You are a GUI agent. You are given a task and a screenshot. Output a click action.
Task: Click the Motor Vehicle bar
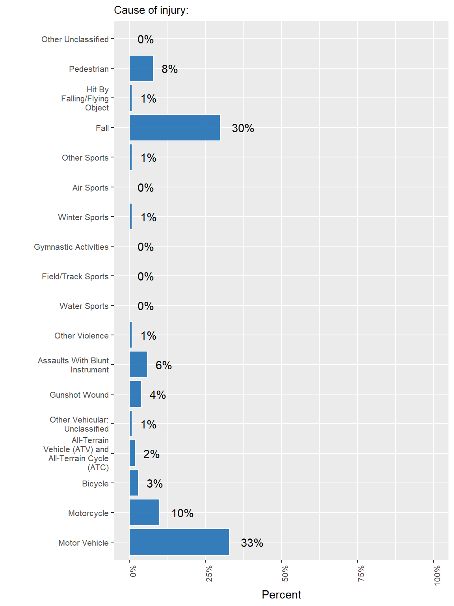[x=179, y=542]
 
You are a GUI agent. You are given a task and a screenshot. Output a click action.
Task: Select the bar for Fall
[x=175, y=128]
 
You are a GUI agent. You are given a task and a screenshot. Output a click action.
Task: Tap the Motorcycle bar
[x=144, y=512]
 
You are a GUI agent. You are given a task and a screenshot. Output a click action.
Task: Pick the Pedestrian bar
[x=141, y=69]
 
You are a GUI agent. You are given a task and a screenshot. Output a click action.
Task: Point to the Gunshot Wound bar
[x=135, y=394]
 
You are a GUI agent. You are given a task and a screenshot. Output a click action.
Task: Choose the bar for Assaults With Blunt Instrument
[x=138, y=365]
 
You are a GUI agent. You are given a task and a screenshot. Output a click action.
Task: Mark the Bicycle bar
[x=134, y=483]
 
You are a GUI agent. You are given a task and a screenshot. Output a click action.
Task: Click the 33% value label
[x=252, y=543]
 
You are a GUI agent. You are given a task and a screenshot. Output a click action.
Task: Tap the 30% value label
[x=243, y=128]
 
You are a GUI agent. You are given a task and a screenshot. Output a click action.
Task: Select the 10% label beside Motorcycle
[x=182, y=513]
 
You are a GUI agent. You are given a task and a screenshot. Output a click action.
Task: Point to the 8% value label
[x=169, y=69]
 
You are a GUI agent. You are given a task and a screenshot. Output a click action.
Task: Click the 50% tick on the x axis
[x=285, y=573]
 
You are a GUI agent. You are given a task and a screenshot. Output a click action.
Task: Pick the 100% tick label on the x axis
[x=437, y=575]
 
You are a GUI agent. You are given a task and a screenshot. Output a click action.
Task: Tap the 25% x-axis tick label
[x=209, y=573]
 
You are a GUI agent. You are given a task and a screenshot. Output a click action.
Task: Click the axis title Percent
[x=281, y=595]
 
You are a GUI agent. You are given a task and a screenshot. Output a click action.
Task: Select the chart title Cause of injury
[x=151, y=10]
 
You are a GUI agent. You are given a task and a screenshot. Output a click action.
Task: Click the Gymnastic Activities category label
[x=71, y=247]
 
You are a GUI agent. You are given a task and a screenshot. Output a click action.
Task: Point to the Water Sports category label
[x=84, y=306]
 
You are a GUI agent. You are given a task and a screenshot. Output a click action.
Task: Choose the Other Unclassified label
[x=75, y=39]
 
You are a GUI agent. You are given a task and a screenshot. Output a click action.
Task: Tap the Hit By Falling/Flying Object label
[x=85, y=99]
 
